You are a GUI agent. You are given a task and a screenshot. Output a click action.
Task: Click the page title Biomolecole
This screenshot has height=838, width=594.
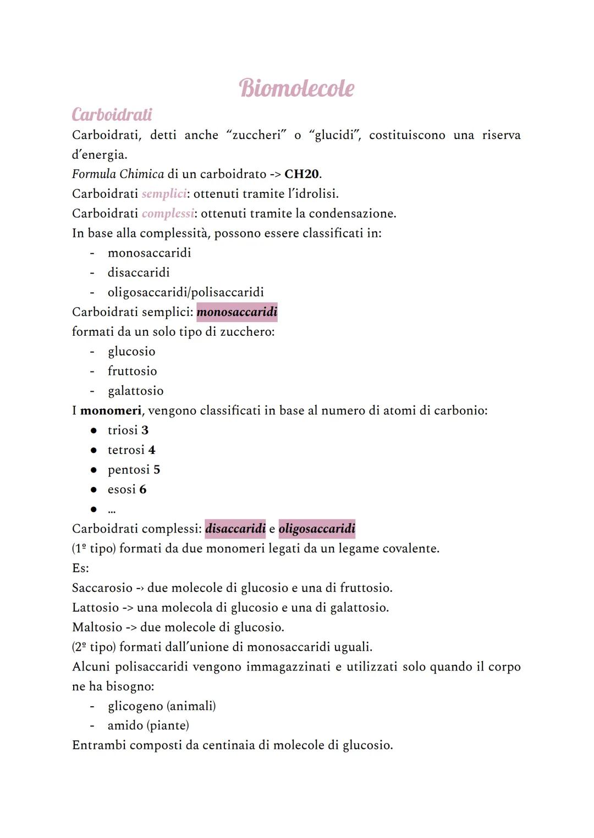click(297, 88)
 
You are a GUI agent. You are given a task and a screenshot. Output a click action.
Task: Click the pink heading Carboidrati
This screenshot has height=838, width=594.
click(112, 114)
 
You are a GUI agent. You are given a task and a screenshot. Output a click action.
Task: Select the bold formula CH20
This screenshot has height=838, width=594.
click(301, 174)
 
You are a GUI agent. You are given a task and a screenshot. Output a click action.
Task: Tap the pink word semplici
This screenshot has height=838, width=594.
click(164, 194)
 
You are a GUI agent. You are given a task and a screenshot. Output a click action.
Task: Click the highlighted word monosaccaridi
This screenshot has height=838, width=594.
click(237, 312)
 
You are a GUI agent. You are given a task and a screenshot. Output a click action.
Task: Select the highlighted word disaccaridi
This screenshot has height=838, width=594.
click(235, 529)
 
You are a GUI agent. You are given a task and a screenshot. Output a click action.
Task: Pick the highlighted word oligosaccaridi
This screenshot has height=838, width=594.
click(317, 529)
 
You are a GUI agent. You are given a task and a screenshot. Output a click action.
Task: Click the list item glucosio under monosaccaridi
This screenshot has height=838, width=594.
click(131, 352)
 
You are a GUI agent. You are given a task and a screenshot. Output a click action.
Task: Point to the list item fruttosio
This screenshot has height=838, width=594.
click(133, 371)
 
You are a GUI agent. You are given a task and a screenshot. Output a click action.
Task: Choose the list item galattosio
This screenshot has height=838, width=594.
click(136, 391)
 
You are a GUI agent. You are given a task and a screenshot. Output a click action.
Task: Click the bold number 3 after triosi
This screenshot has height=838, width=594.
click(145, 430)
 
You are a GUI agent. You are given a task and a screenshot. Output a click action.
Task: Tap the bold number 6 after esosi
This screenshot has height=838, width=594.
click(143, 490)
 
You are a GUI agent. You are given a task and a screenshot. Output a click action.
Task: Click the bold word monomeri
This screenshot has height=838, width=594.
click(111, 410)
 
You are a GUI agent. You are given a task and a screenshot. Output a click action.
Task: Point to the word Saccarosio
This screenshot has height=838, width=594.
click(102, 588)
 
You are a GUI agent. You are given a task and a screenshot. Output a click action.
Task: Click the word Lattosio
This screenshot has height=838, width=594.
click(95, 608)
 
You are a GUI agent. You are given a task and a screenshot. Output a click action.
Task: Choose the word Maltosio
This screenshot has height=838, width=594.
click(97, 627)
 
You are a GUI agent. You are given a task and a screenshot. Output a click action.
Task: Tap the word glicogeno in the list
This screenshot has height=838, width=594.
click(135, 706)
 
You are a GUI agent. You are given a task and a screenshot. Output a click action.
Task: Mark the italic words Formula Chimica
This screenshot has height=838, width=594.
click(118, 174)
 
